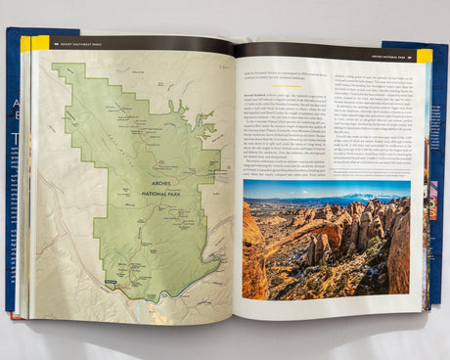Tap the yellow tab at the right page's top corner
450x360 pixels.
pos(425,56)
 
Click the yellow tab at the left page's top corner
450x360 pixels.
pos(40,43)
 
